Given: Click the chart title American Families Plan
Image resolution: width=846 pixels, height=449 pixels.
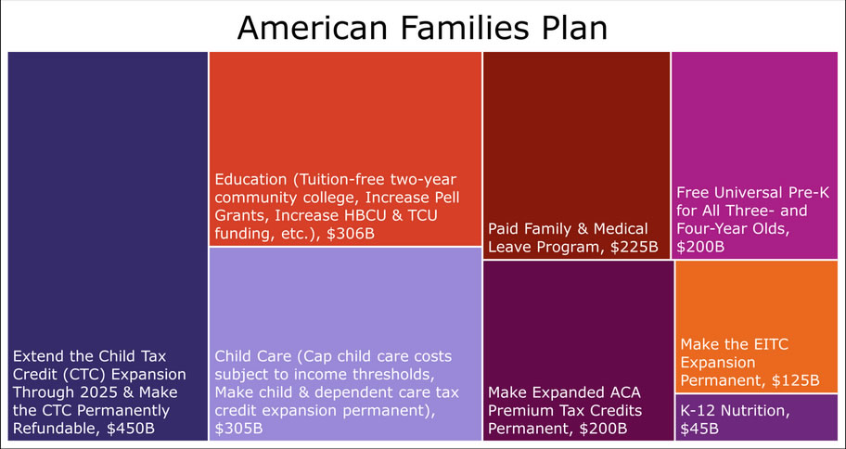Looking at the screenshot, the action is click(422, 28).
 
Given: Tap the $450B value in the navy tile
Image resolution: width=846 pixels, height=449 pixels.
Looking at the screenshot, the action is click(131, 428).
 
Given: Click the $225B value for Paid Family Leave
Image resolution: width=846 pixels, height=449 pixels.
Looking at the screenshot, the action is click(634, 247).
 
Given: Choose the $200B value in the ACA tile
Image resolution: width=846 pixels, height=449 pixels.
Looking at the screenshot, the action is click(603, 429).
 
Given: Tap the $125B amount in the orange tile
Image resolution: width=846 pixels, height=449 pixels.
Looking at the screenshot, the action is click(795, 380).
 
